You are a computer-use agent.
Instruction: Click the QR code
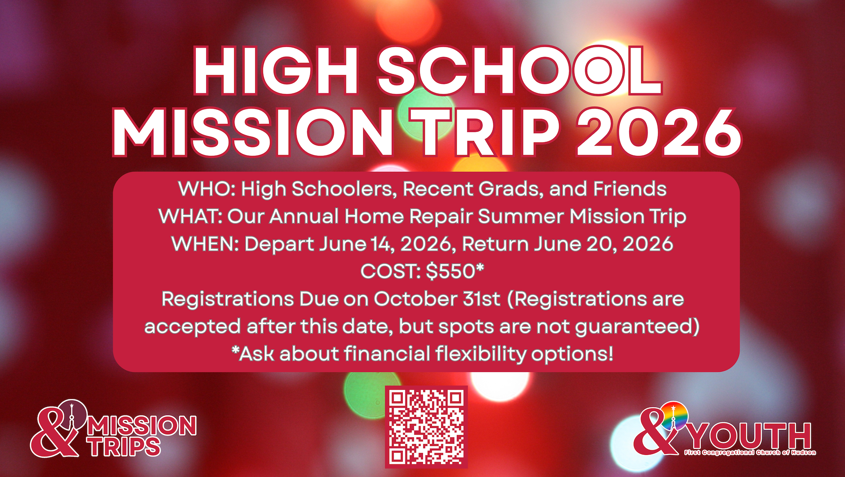pyautogui.click(x=426, y=427)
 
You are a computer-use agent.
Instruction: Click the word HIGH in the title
pyautogui.click(x=277, y=71)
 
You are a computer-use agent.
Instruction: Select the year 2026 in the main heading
pyautogui.click(x=659, y=133)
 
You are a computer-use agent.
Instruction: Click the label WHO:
pyautogui.click(x=207, y=189)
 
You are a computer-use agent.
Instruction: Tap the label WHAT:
pyautogui.click(x=190, y=217)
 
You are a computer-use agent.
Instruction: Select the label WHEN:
pyautogui.click(x=205, y=244)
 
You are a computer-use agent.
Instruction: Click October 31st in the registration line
pyautogui.click(x=437, y=299)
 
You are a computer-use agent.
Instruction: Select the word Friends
pyautogui.click(x=630, y=189)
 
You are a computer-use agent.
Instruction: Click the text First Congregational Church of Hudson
pyautogui.click(x=750, y=453)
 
